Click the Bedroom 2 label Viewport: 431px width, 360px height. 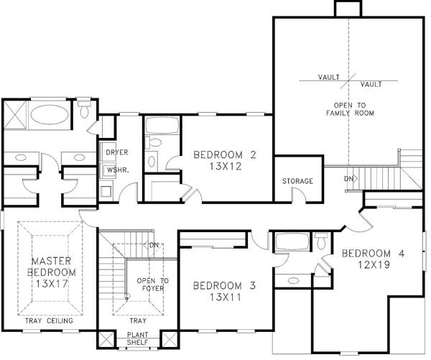tap(225, 154)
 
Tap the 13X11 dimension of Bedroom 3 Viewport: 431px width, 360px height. tap(226, 297)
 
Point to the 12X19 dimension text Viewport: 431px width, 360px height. tap(374, 264)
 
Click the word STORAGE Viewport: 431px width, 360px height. tap(297, 181)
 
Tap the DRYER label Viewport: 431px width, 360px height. tap(117, 152)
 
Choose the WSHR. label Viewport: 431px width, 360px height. tap(118, 170)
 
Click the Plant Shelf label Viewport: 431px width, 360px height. tap(138, 338)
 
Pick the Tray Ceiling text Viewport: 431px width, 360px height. tap(49, 320)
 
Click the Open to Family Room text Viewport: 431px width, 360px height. tap(350, 109)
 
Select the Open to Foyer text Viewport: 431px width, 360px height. tap(153, 285)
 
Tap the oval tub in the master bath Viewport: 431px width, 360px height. tap(50, 115)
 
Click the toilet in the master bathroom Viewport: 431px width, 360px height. tap(84, 109)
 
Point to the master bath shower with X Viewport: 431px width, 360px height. tap(15, 115)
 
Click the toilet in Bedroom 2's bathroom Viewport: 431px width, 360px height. tap(154, 142)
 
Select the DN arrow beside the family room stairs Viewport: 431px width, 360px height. tap(351, 179)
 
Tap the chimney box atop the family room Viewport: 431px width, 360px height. tap(348, 9)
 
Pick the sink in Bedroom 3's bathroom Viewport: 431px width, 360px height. tap(294, 281)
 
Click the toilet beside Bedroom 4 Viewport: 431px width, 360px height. tap(321, 241)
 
